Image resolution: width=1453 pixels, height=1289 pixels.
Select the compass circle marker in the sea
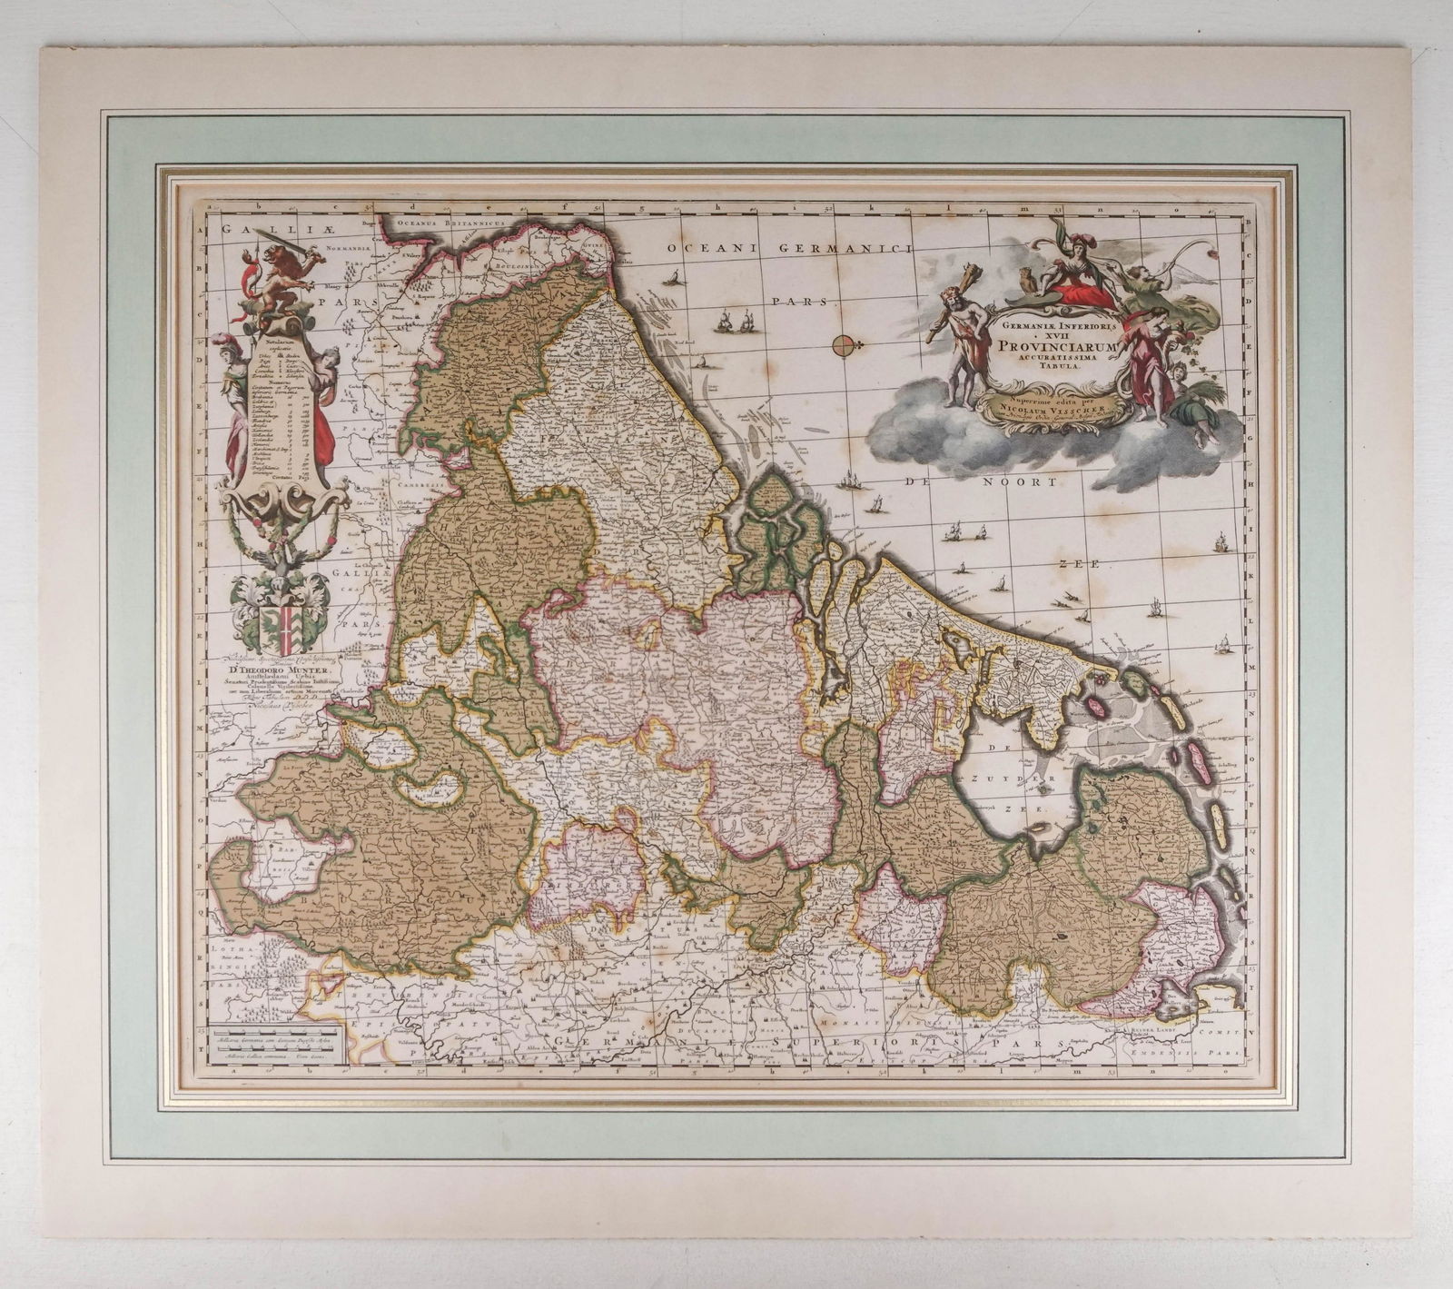tap(842, 344)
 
